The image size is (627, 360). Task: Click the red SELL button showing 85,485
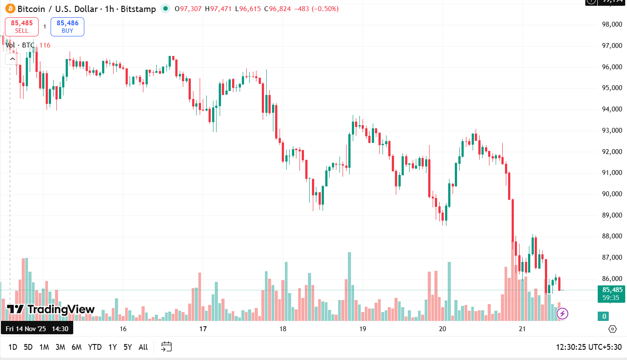(x=22, y=27)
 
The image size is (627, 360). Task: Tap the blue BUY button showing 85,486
(x=67, y=27)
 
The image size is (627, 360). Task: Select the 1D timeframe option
(x=13, y=347)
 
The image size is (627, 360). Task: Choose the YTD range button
(x=95, y=347)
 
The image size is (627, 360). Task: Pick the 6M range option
(x=76, y=347)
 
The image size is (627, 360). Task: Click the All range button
(x=143, y=347)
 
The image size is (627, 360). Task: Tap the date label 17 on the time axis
(x=203, y=329)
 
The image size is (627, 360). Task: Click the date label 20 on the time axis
(x=442, y=329)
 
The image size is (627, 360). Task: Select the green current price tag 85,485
(x=612, y=290)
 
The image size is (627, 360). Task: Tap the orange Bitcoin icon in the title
(x=10, y=8)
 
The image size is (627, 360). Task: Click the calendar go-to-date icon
(x=166, y=347)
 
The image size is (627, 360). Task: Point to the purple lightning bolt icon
(x=562, y=314)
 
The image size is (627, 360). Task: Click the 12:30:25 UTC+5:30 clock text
(x=588, y=347)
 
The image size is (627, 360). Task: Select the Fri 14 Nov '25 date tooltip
(x=37, y=329)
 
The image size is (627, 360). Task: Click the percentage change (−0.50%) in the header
(x=325, y=9)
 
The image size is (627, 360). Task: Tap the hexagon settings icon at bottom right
(x=612, y=329)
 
